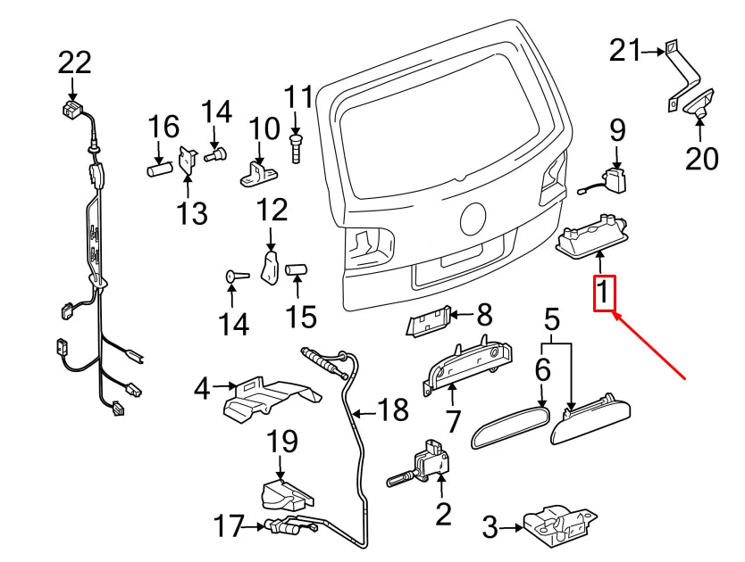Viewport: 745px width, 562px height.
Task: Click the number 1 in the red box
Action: click(x=605, y=293)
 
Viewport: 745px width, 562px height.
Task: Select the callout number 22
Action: click(x=75, y=62)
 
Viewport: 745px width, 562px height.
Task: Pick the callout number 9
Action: click(x=618, y=130)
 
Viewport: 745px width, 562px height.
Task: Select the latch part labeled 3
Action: click(x=558, y=523)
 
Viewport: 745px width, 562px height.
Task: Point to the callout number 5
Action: click(x=551, y=318)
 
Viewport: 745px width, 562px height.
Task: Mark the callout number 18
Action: click(x=392, y=410)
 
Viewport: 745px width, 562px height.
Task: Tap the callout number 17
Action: click(x=229, y=526)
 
